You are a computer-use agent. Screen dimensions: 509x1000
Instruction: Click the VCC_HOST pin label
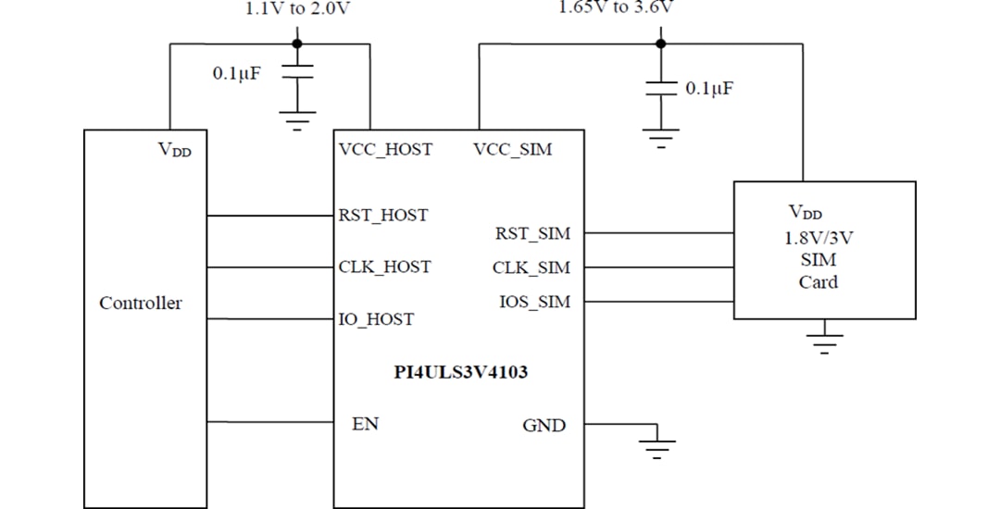385,149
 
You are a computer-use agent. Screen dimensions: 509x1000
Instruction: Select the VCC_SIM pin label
512,149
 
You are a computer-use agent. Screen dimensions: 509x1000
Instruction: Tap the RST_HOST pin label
383,216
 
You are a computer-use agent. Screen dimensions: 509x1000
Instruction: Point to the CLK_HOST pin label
384,267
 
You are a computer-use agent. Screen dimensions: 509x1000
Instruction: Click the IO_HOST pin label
376,319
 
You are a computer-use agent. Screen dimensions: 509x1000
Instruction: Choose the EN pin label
365,424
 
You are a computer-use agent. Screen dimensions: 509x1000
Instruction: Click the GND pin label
544,426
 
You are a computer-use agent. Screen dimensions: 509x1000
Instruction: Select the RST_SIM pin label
533,234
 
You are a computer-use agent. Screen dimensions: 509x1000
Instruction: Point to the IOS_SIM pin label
534,302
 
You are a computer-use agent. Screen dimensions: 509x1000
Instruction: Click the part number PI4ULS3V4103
461,374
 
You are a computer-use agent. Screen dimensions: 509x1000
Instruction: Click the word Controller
141,304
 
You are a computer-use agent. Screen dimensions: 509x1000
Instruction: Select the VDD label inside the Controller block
175,150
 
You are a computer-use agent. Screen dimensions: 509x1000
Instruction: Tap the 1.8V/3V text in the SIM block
819,238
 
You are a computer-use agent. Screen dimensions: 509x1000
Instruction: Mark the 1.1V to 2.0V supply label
298,9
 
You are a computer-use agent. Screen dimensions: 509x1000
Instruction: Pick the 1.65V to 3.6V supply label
616,8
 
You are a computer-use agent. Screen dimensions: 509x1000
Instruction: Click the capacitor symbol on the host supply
297,73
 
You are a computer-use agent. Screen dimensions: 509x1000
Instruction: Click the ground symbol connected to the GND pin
657,447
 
